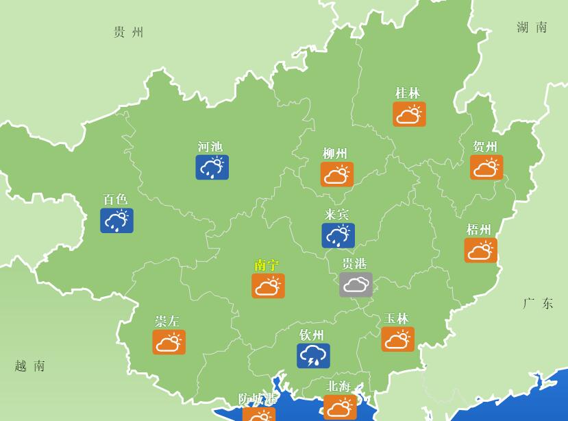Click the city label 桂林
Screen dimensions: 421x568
[408, 93]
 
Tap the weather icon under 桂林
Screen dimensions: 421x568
[409, 115]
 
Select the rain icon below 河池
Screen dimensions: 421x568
[212, 167]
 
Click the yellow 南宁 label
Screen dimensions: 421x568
[267, 265]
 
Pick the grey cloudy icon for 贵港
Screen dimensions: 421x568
[356, 285]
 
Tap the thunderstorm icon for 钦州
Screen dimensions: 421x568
[313, 356]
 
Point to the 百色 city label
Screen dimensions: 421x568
[115, 200]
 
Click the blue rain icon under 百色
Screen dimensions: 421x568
[116, 221]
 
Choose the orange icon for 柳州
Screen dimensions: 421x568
[336, 174]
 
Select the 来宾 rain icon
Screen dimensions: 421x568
[338, 235]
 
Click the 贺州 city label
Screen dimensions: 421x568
[485, 147]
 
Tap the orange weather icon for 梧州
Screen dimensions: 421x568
[480, 250]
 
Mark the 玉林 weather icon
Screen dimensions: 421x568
[397, 339]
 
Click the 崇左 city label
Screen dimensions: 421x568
[167, 321]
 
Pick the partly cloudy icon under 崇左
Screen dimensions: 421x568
[169, 342]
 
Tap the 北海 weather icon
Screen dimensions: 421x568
[340, 408]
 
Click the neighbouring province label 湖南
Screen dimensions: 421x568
[532, 27]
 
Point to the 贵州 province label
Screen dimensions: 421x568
[129, 32]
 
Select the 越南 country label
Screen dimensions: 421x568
[30, 366]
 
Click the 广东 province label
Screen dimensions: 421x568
[538, 304]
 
